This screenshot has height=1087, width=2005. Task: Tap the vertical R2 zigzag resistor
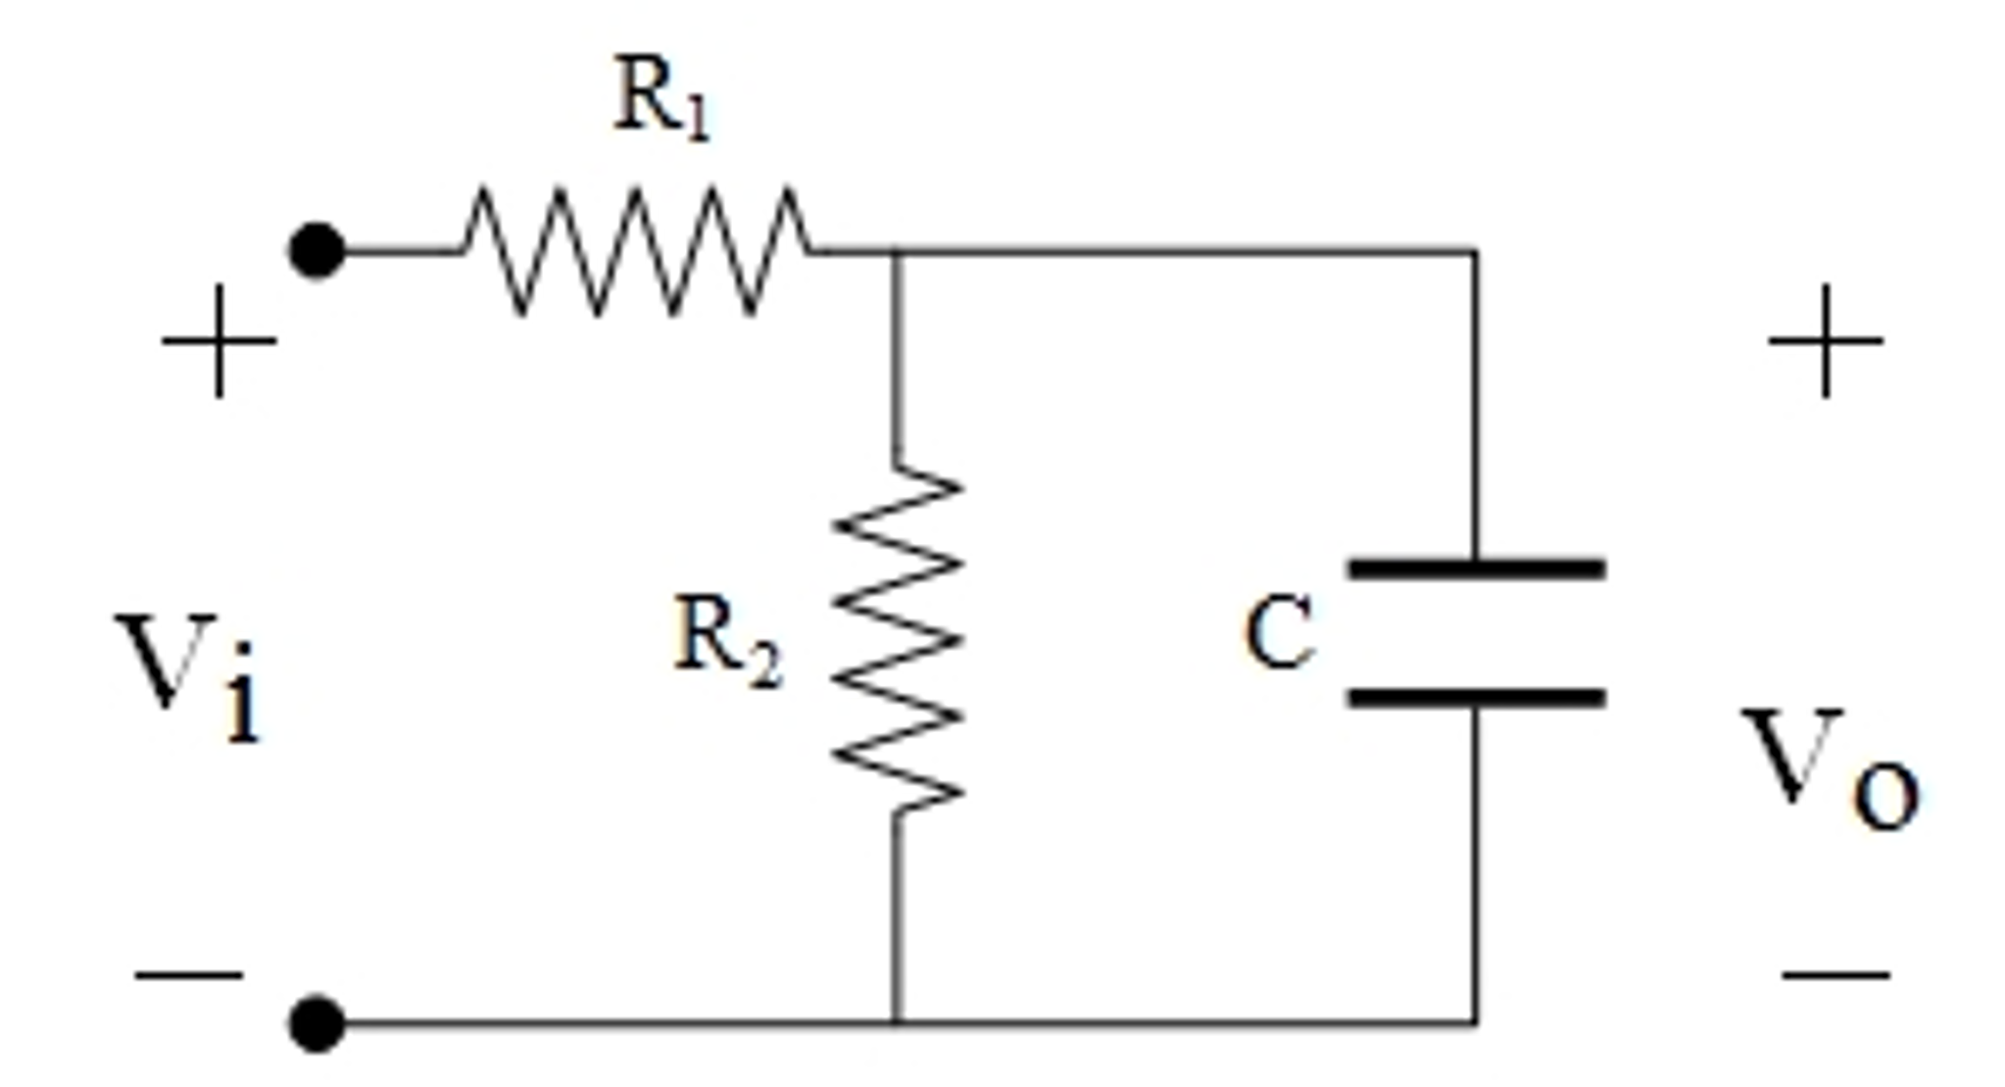click(x=897, y=639)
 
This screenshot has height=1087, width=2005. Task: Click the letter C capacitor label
click(x=1278, y=634)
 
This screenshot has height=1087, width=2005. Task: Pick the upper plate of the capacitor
click(x=1476, y=568)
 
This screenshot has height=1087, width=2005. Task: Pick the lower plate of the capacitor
click(x=1476, y=698)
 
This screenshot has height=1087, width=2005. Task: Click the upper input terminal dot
click(x=317, y=251)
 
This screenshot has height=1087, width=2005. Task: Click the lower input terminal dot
click(x=317, y=1023)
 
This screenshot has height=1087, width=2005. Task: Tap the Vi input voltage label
click(x=191, y=676)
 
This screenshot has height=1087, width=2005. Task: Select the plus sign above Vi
click(x=219, y=341)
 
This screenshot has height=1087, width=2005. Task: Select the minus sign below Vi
click(x=189, y=975)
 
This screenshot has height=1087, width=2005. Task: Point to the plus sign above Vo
click(x=1825, y=341)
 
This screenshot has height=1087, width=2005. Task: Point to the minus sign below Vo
click(x=1834, y=975)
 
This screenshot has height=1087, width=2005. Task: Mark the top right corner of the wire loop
click(x=1475, y=253)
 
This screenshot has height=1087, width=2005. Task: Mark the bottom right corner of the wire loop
click(x=1475, y=1023)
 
